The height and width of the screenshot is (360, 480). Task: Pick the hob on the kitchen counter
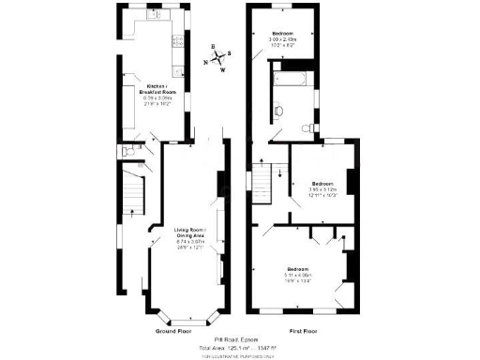click(x=176, y=43)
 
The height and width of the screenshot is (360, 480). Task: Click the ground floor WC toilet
click(x=126, y=151)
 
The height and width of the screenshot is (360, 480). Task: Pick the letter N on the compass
click(x=206, y=62)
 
